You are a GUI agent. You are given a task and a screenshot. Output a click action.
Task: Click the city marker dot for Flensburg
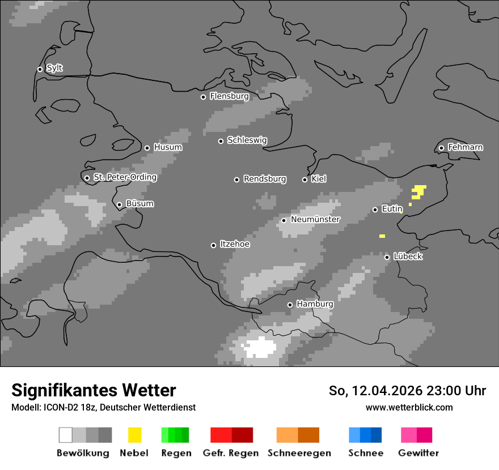tap(203, 97)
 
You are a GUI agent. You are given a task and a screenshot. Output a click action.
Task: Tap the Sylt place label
tap(54, 68)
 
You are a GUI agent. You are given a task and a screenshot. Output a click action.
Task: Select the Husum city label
tap(168, 147)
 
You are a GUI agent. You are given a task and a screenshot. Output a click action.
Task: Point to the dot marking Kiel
tap(305, 180)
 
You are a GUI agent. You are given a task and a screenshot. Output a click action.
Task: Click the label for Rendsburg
tap(265, 179)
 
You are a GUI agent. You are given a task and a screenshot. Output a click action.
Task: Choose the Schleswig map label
tap(247, 140)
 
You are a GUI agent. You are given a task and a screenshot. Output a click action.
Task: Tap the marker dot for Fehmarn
tap(441, 148)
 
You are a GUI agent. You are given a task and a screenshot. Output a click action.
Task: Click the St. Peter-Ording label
tap(125, 177)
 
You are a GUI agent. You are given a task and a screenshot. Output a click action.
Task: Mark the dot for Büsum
tap(119, 205)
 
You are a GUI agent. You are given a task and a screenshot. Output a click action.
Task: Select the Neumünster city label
tap(315, 219)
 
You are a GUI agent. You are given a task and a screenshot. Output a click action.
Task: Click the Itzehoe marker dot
tap(213, 245)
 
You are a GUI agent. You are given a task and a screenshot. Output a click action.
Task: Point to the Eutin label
tap(392, 209)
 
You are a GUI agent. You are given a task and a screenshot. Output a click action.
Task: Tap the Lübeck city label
tap(408, 257)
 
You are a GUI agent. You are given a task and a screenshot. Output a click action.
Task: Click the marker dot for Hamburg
tap(290, 305)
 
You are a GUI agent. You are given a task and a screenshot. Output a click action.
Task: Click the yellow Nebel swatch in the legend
tap(134, 435)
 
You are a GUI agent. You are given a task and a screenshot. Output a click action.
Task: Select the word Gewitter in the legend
tap(418, 453)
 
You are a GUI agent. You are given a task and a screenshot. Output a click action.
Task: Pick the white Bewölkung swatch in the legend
tap(66, 435)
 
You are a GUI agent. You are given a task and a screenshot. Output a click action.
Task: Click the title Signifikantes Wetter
tap(94, 390)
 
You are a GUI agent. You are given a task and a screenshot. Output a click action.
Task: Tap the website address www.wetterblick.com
tap(409, 407)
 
